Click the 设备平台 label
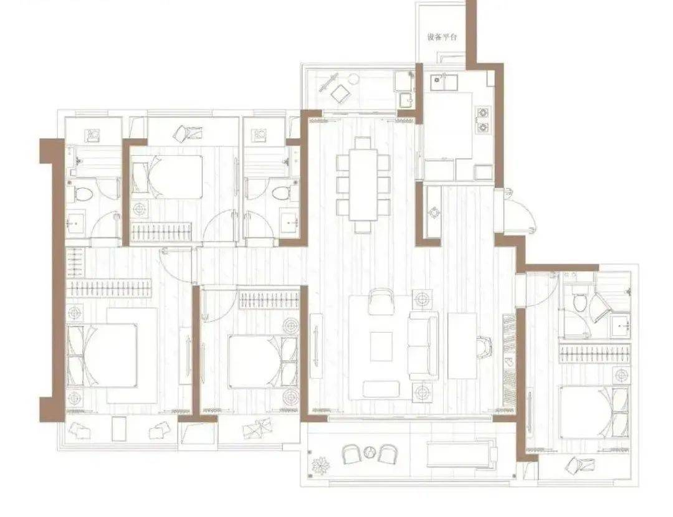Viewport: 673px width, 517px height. (x=442, y=37)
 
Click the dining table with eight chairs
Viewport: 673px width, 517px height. (x=363, y=184)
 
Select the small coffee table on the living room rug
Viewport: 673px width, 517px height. (x=381, y=346)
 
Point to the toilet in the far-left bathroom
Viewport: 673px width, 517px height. (x=83, y=194)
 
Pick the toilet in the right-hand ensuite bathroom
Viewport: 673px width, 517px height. (x=580, y=303)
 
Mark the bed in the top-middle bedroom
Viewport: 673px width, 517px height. (x=166, y=177)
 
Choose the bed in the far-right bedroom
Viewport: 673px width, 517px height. (x=594, y=412)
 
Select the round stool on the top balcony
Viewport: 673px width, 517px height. (x=354, y=79)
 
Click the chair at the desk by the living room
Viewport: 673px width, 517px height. (x=485, y=346)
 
